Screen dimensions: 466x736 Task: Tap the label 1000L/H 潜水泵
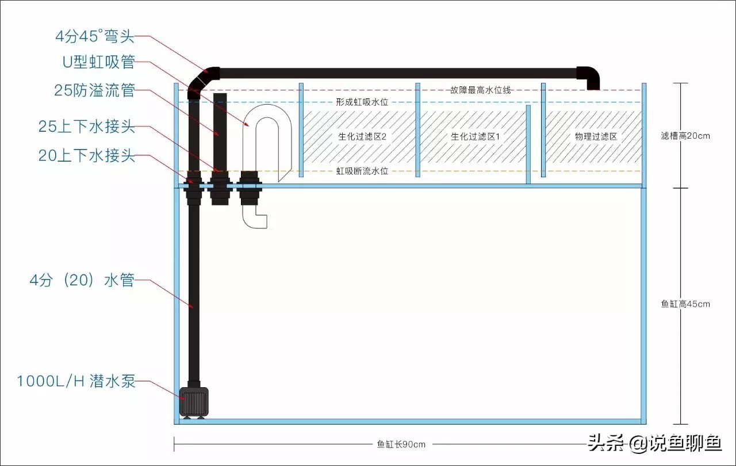[76, 381]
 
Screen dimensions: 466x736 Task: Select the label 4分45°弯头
[95, 37]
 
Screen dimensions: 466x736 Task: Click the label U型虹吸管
[98, 62]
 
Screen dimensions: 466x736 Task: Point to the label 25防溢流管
[94, 90]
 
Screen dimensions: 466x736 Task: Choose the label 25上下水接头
[87, 127]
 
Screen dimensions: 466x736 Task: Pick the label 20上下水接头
[87, 155]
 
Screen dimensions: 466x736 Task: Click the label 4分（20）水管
[82, 281]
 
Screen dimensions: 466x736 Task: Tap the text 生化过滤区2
[362, 137]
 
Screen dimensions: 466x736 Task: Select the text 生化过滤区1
[475, 137]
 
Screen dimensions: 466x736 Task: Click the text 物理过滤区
[596, 137]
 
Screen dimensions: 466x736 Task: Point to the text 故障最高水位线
[481, 90]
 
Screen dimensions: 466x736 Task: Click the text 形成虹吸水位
[362, 102]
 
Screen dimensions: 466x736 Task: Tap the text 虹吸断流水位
[362, 171]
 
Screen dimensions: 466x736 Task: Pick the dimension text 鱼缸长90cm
[401, 444]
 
